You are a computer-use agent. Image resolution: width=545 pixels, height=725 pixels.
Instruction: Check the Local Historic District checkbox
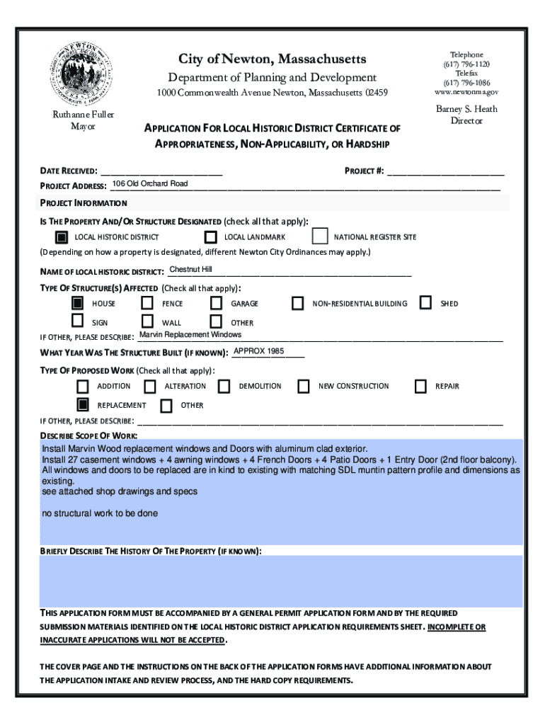point(62,236)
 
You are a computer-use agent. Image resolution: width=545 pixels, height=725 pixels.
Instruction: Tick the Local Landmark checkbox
point(210,236)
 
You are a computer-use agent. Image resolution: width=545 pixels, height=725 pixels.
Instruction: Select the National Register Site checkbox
point(320,236)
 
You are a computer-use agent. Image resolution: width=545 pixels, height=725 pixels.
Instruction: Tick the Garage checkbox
point(217,303)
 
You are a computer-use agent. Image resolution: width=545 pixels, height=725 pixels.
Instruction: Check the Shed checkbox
point(425,303)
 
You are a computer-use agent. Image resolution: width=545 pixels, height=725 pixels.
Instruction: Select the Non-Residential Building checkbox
point(298,303)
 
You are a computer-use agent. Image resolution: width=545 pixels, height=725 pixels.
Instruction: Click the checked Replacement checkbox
point(83,405)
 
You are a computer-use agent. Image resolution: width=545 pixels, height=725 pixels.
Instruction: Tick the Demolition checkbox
point(224,386)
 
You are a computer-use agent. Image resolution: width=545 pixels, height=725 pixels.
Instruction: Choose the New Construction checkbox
point(304,386)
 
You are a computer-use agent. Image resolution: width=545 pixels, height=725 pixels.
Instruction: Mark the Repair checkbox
point(420,386)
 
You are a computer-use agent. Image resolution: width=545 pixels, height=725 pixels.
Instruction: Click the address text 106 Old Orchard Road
point(150,184)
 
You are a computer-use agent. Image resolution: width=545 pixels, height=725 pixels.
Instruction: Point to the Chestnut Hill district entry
point(190,270)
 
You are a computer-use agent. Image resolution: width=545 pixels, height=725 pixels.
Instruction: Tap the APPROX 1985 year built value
point(259,351)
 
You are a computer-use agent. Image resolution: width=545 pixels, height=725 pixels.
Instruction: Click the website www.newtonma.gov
point(466,92)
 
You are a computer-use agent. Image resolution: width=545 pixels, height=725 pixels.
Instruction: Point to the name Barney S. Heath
point(466,109)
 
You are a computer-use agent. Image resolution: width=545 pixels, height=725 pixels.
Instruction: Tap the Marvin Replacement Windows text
point(190,334)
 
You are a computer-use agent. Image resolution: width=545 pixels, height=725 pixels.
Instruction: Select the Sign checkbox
point(78,322)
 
